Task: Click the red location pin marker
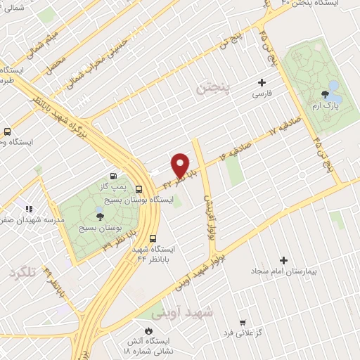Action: coord(180,165)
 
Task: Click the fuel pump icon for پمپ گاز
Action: coord(113,175)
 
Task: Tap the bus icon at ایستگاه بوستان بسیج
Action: coord(139,189)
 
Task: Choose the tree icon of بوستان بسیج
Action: coord(98,216)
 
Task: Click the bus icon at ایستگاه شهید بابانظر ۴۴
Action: coord(154,238)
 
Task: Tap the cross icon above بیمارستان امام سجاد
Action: coord(284,259)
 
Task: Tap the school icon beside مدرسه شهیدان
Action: coord(28,208)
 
